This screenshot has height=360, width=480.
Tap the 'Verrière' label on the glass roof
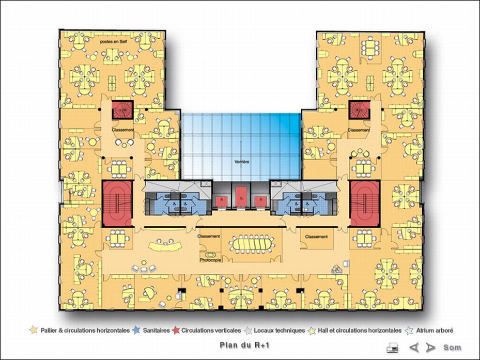(242, 162)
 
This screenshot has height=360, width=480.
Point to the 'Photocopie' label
(211, 260)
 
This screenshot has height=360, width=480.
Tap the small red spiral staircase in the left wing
(123, 109)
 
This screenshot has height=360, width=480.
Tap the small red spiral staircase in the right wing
(358, 109)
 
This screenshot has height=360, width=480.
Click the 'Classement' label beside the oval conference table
(209, 236)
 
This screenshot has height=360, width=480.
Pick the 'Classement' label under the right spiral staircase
(359, 130)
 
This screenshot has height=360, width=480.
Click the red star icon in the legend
(176, 330)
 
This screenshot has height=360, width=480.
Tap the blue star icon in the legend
(137, 330)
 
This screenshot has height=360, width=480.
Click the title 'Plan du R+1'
(238, 346)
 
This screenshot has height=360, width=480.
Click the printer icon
(393, 348)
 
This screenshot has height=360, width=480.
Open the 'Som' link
(452, 348)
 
